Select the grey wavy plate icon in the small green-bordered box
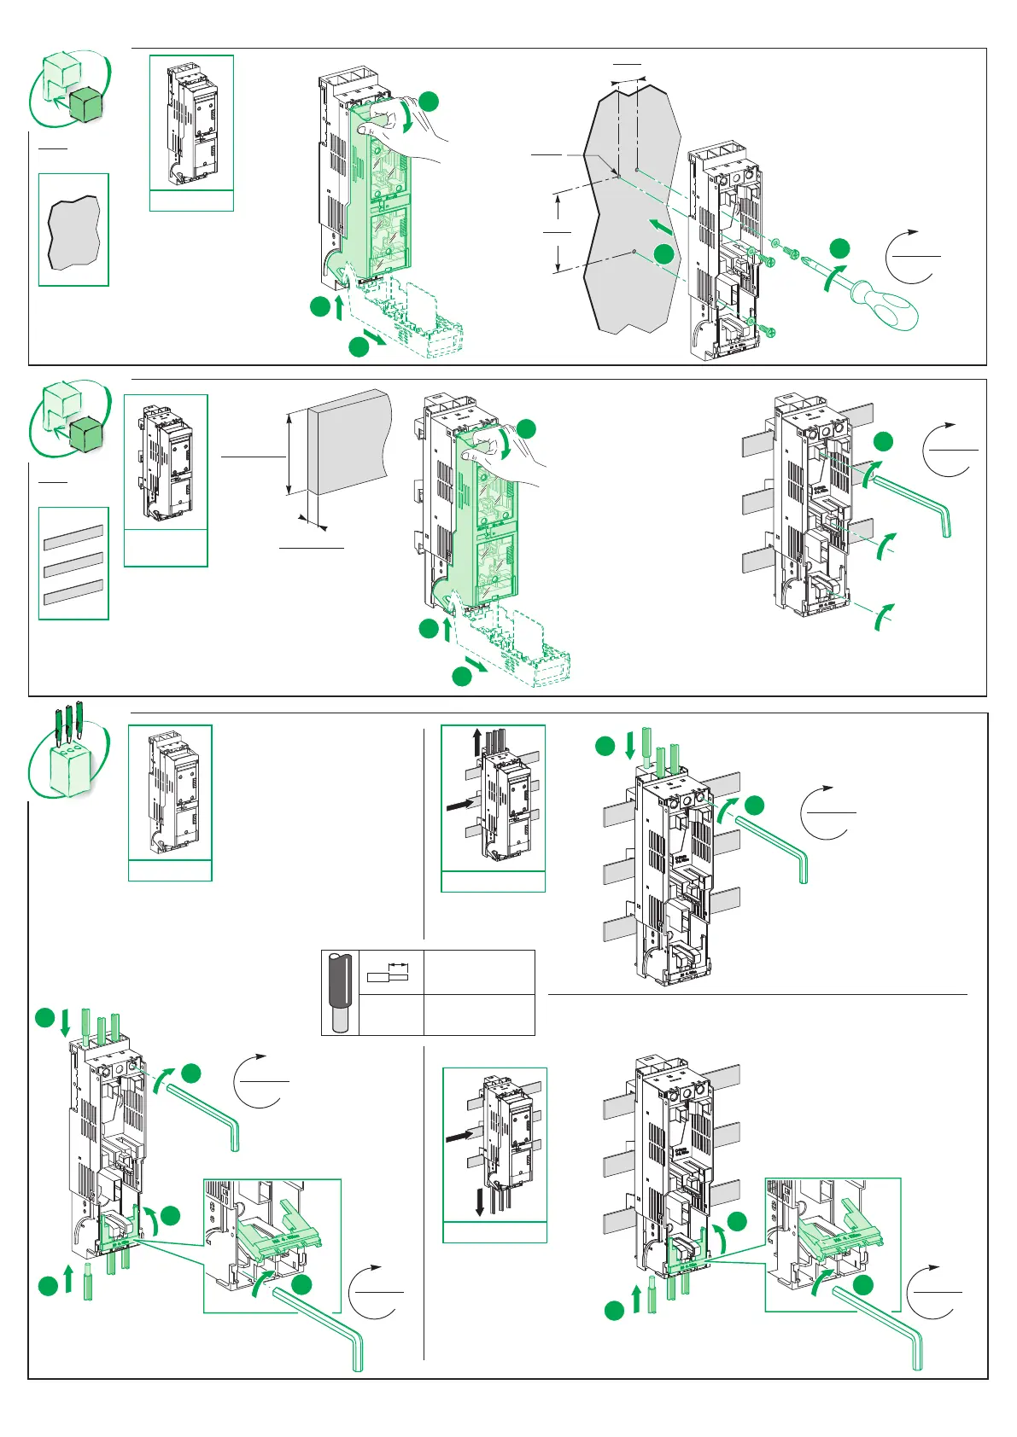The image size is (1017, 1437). (x=73, y=231)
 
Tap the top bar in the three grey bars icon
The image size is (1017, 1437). (x=73, y=536)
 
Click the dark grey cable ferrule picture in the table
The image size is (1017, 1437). (x=341, y=992)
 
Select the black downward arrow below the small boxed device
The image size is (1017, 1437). (x=480, y=1202)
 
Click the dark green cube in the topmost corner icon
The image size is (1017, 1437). (x=85, y=104)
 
